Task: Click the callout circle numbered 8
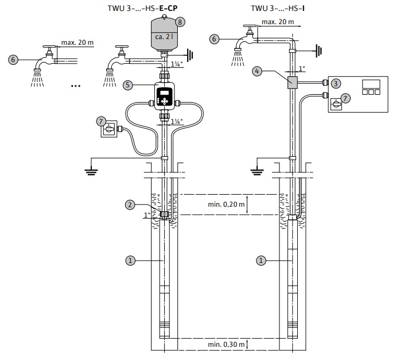coord(180,22)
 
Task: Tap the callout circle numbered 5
coord(128,85)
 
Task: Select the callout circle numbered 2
coord(130,204)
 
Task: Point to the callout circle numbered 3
coord(336,83)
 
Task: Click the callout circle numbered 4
coord(257,71)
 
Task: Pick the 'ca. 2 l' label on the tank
coord(164,37)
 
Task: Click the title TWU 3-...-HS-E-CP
coord(142,8)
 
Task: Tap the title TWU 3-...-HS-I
coord(278,8)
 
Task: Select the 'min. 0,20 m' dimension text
coord(226,204)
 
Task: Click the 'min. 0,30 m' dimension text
coord(226,344)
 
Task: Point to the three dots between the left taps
coord(76,86)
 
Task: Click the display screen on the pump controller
coord(165,92)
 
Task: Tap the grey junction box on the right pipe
coord(292,83)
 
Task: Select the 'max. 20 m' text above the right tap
coord(278,22)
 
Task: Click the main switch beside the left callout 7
coord(109,129)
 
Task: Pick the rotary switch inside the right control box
coord(336,104)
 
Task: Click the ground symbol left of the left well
coord(91,172)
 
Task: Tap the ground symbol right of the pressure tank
coord(190,55)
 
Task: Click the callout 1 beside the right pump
coord(261,261)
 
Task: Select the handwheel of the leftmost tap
coord(49,47)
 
